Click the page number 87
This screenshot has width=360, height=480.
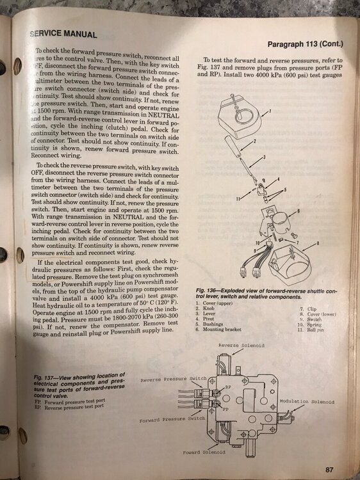click(329, 469)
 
